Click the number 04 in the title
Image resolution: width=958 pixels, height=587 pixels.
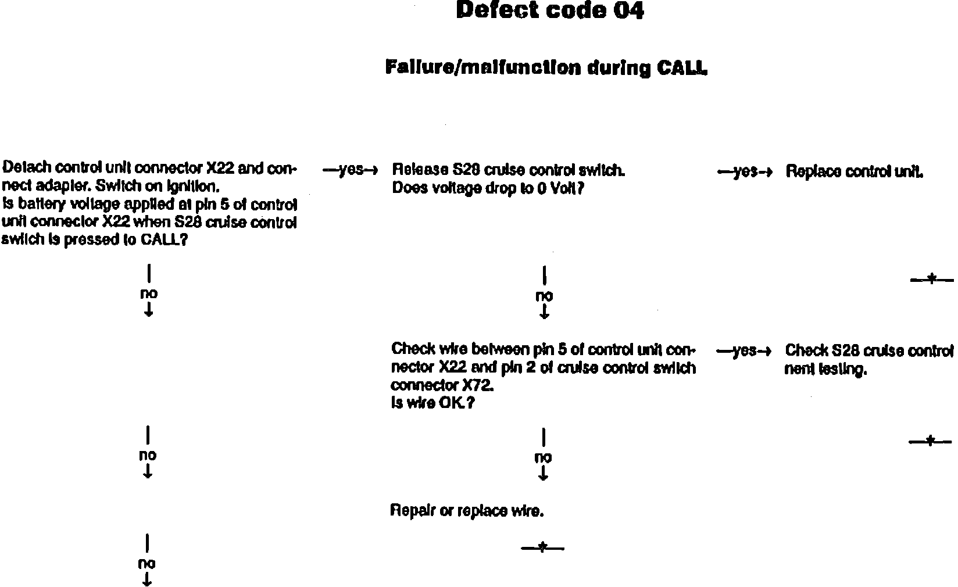pyautogui.click(x=629, y=10)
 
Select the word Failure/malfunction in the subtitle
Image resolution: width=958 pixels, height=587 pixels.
pyautogui.click(x=483, y=67)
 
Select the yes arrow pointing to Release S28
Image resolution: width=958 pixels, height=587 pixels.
pyautogui.click(x=351, y=170)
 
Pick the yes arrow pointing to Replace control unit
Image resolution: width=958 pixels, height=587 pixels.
pyautogui.click(x=745, y=171)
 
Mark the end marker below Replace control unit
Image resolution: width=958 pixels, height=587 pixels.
pyautogui.click(x=931, y=280)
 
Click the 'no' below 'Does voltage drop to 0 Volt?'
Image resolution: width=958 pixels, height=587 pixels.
pyautogui.click(x=544, y=296)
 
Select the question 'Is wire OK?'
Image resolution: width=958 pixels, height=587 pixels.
pyautogui.click(x=432, y=403)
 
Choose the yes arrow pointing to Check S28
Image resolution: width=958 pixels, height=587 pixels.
pyautogui.click(x=744, y=350)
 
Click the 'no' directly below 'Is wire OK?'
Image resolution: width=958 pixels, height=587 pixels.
pyautogui.click(x=543, y=458)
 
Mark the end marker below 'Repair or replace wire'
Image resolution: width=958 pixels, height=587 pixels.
pyautogui.click(x=542, y=547)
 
